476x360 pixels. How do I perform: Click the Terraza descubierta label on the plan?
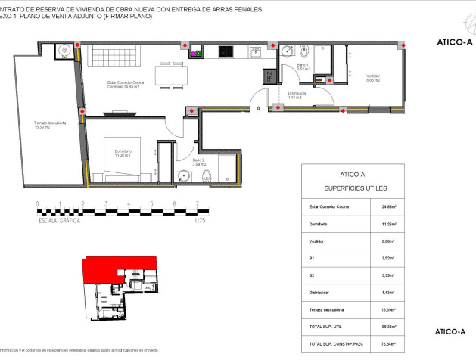point(51,125)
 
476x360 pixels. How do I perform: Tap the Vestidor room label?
point(373,77)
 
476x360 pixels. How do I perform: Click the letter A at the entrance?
point(259,108)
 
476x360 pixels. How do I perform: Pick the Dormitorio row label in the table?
point(319,225)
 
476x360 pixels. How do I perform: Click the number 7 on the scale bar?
point(198,203)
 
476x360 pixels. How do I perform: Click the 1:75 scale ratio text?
point(200,221)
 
